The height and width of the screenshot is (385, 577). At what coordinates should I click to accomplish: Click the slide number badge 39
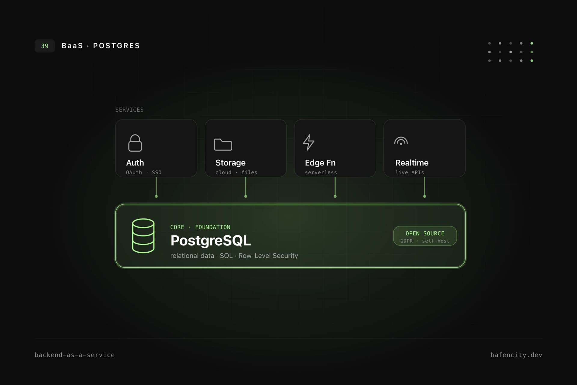[x=44, y=46]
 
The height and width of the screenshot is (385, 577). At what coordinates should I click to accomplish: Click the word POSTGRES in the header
[x=116, y=46]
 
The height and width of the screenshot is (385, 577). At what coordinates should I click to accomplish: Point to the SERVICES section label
[x=130, y=110]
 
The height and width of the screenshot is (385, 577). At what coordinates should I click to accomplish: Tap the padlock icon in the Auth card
[x=135, y=143]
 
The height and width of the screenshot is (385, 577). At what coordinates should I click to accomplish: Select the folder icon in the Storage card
[x=223, y=144]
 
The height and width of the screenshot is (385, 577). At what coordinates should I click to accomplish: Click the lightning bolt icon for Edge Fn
[x=309, y=142]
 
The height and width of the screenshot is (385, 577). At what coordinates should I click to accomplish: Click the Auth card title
[x=135, y=163]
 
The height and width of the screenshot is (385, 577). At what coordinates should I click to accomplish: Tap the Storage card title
[x=230, y=163]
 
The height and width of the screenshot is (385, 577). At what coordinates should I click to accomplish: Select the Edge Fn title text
[x=320, y=163]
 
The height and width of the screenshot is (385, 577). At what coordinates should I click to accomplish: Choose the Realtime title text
[x=412, y=163]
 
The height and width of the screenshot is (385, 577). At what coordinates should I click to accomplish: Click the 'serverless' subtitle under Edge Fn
[x=321, y=172]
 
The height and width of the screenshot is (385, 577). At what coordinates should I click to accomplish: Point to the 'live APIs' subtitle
[x=410, y=172]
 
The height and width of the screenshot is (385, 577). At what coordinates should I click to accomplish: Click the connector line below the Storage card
[x=246, y=187]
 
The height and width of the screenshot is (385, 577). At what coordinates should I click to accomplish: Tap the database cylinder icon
[x=143, y=236]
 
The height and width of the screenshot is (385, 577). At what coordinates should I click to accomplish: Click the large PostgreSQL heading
[x=210, y=240]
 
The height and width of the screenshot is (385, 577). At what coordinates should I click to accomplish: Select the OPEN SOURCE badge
[x=425, y=236]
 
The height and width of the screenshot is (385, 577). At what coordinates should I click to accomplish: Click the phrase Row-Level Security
[x=268, y=256]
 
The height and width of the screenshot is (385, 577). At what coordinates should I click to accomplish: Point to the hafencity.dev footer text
[x=516, y=355]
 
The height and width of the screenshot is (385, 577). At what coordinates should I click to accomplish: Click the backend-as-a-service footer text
[x=75, y=355]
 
